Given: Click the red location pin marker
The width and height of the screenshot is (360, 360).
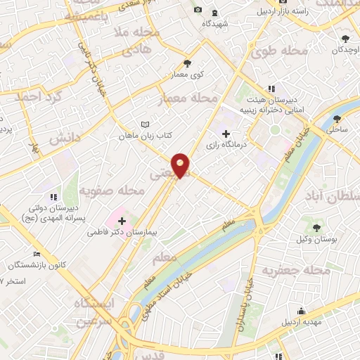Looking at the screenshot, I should [181, 165].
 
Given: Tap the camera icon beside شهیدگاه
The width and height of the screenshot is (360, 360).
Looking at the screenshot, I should [198, 9].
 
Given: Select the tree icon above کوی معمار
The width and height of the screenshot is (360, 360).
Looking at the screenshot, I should [187, 63].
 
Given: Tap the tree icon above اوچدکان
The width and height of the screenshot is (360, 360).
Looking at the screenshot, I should [345, 39].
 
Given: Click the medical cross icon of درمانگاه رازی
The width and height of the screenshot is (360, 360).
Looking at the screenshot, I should [226, 133].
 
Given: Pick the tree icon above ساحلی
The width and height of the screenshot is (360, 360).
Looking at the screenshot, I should [338, 118].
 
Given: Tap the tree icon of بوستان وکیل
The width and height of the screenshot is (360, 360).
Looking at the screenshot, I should [316, 228].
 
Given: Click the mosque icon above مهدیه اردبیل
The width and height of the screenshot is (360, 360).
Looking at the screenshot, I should [302, 311].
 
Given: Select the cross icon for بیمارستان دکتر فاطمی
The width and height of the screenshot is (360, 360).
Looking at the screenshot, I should [122, 221].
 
